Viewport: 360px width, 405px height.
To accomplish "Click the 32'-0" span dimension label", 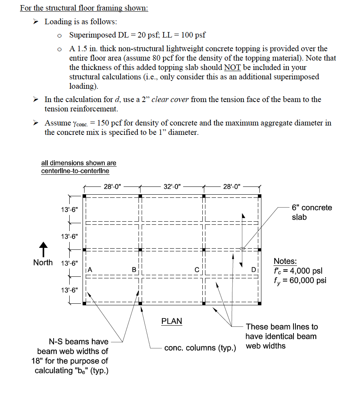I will click(172, 186).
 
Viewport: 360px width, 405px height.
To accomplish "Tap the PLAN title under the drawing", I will click(172, 321).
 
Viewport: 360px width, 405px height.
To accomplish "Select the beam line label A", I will click(90, 269).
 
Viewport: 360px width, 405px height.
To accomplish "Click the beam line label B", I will click(134, 269).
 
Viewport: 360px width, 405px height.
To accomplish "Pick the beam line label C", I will click(197, 269).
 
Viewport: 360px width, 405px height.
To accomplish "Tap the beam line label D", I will click(254, 269).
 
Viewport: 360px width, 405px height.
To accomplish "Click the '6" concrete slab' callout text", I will click(311, 212).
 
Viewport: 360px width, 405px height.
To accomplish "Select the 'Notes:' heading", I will click(285, 261).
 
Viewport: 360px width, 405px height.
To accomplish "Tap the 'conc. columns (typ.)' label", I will click(200, 348).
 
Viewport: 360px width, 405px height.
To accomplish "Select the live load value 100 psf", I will click(193, 35).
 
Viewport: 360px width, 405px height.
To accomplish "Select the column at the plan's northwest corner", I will click(84, 195).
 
